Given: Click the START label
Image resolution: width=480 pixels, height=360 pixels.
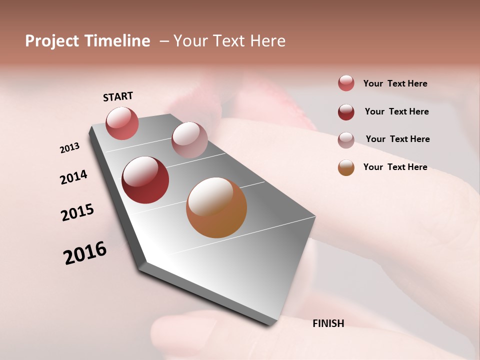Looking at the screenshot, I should [x=118, y=96].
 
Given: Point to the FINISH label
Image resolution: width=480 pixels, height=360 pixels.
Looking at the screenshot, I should [x=328, y=323].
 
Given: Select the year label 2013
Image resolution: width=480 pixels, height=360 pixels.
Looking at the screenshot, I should [x=69, y=148].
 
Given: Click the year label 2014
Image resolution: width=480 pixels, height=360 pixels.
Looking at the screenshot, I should [x=73, y=177].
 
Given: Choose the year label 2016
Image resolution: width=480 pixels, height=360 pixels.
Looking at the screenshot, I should [x=85, y=253].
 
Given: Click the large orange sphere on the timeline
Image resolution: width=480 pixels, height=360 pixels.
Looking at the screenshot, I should [x=216, y=207].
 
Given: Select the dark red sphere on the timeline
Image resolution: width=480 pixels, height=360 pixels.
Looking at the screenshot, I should [x=145, y=180].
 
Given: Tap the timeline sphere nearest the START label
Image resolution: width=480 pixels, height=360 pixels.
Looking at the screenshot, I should [x=122, y=123].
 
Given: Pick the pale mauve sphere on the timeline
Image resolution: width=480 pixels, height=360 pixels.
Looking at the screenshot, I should [x=189, y=140].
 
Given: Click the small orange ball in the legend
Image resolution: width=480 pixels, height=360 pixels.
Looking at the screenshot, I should [x=346, y=167].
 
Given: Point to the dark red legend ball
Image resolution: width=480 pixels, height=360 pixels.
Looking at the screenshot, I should [x=346, y=112].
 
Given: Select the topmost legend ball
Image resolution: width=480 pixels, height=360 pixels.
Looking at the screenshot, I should [x=346, y=83].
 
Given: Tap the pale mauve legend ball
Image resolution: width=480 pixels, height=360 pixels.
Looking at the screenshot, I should [x=346, y=140].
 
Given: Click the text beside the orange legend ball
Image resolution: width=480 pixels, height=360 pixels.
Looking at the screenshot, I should [x=395, y=167].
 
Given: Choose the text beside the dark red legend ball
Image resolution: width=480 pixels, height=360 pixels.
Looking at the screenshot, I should [x=396, y=111].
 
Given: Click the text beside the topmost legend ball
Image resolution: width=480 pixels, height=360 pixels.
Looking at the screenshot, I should [x=395, y=83].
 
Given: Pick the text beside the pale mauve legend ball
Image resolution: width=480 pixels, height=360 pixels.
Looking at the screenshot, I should [x=397, y=139].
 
